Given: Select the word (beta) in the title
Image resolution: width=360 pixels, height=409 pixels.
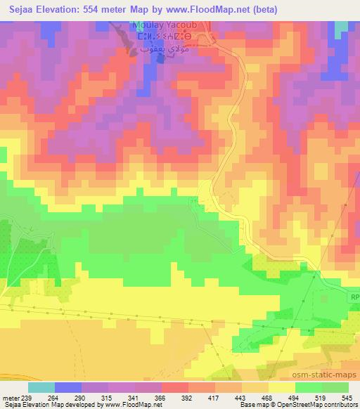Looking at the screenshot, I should point(263,10).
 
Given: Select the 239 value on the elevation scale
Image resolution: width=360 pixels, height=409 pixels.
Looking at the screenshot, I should point(27,398).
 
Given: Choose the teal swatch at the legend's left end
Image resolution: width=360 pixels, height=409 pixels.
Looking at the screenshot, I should point(41,387).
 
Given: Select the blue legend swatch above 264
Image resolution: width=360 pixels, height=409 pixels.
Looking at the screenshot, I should point(68,387).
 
